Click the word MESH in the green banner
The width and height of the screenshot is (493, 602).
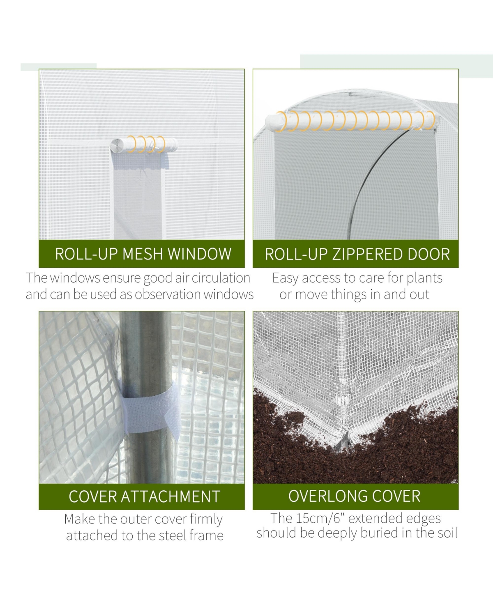pos(143,254)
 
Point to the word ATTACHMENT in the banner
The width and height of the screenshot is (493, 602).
pos(170,497)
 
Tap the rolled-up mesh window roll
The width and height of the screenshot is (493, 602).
pos(144,145)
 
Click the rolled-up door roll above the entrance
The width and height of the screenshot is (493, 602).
pos(352,121)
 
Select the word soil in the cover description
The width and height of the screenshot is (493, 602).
pos(447,533)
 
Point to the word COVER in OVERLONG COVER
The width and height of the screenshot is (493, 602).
pos(396,496)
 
